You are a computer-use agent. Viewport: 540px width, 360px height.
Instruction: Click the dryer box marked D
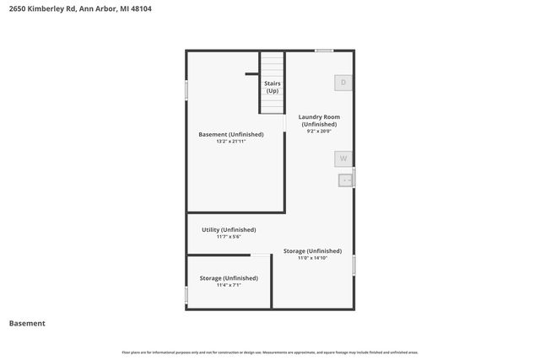(343, 83)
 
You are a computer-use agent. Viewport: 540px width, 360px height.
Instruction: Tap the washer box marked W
(343, 159)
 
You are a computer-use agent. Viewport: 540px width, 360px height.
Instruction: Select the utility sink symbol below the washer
(346, 180)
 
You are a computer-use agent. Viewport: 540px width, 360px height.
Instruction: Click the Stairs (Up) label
(272, 87)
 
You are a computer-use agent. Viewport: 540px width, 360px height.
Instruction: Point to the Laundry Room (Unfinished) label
(319, 121)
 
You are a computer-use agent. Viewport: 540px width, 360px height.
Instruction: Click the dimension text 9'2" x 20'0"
(319, 131)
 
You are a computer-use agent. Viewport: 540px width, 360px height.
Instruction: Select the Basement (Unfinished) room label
(230, 134)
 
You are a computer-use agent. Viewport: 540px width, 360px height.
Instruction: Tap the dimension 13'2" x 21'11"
(230, 142)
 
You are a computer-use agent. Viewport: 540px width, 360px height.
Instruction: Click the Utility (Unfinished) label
(229, 229)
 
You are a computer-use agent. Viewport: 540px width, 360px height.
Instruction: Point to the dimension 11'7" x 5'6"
(229, 237)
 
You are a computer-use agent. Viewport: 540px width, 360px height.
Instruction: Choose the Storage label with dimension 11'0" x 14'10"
(312, 251)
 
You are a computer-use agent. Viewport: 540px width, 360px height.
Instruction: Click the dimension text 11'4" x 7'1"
(229, 285)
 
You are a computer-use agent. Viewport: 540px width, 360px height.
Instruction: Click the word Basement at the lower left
(27, 323)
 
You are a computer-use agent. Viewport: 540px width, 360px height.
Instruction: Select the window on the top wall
(324, 51)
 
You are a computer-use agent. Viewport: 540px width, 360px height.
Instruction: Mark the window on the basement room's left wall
(186, 91)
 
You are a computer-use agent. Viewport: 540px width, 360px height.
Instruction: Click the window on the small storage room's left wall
(186, 295)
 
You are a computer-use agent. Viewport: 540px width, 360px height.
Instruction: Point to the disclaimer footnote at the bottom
(270, 352)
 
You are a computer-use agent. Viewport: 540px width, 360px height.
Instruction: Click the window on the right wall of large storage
(354, 265)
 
